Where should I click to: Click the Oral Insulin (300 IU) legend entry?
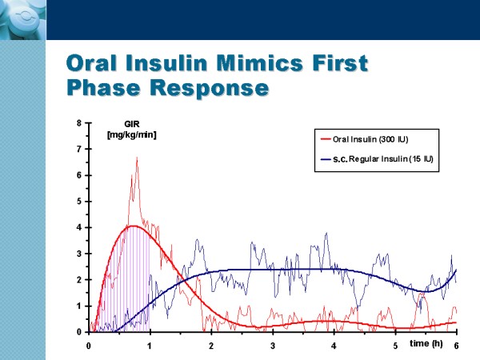click(375, 140)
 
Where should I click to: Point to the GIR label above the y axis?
click(131, 125)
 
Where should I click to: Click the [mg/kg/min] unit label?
click(131, 134)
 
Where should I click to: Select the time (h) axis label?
click(426, 343)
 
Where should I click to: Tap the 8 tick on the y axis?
click(78, 123)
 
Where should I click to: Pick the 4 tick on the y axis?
click(78, 227)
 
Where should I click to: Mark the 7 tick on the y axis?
click(78, 150)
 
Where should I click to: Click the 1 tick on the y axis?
click(78, 306)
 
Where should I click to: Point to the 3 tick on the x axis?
click(273, 346)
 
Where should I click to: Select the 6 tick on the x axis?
click(457, 346)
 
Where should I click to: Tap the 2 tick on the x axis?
click(211, 346)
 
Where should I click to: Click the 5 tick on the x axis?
click(395, 346)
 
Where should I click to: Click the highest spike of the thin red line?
click(137, 158)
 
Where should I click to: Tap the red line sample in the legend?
click(327, 140)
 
